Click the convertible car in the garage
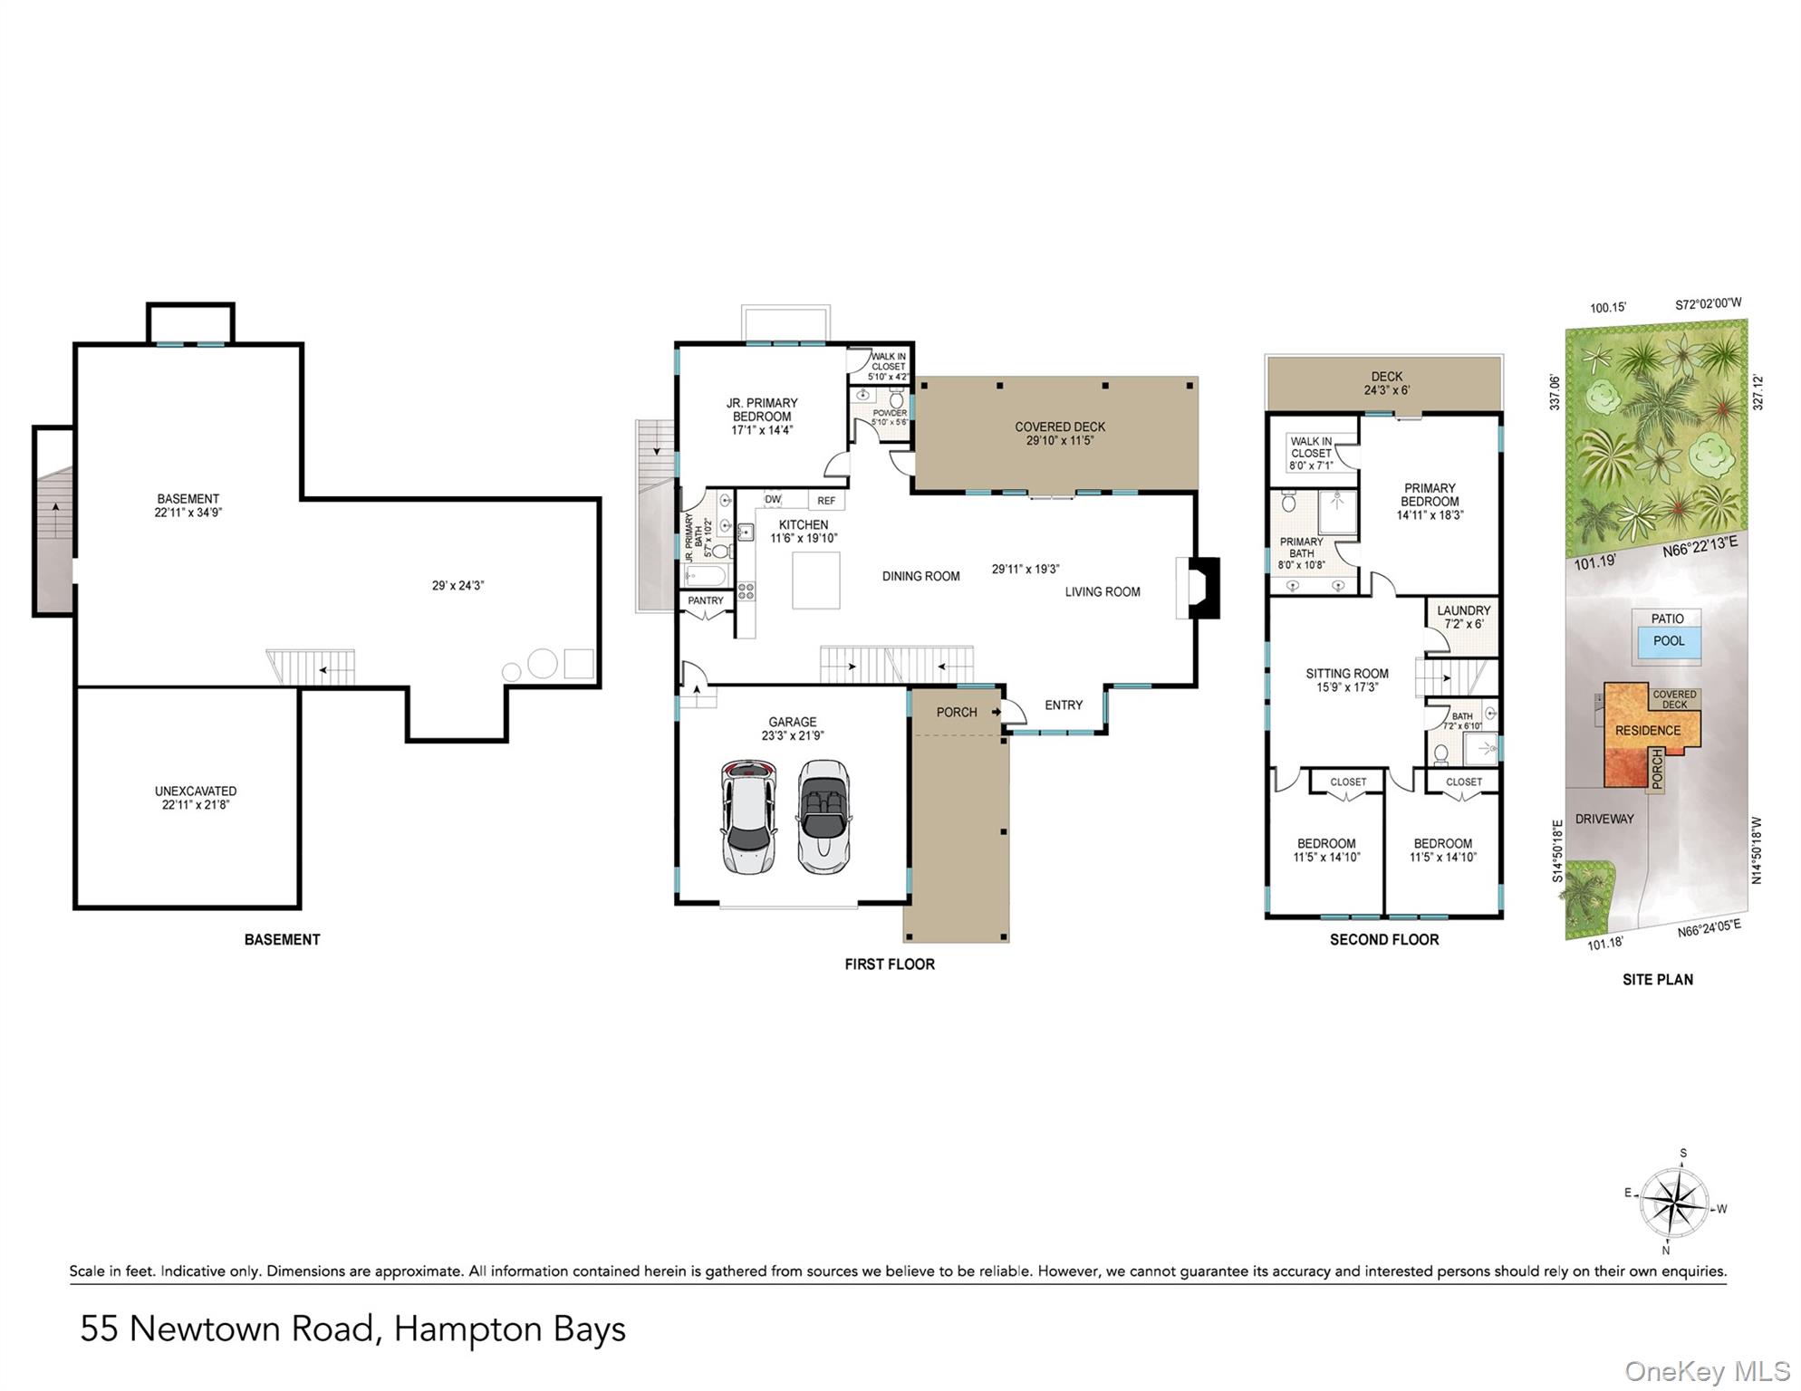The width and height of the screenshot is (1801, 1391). pos(823,816)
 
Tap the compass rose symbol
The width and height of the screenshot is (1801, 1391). pos(1676,1204)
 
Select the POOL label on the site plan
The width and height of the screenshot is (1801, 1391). pos(1669,641)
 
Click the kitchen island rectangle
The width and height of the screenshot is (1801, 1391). pos(815,580)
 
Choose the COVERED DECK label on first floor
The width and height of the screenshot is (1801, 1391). pos(1060,427)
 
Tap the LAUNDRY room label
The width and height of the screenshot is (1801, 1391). pos(1463,611)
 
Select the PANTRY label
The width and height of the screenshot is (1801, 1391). pos(706,600)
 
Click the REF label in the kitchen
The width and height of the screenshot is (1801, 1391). pos(826,501)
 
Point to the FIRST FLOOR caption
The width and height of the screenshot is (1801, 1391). pos(890,964)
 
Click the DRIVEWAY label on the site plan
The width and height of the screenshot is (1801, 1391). pos(1604,819)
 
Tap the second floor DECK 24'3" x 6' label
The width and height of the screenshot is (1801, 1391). pos(1386,383)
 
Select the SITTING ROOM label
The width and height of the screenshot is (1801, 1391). pos(1347,674)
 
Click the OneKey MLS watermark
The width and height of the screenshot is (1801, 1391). pos(1707,1371)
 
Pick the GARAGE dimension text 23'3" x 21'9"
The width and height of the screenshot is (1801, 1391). pos(793,736)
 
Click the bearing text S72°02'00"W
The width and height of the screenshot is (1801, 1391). pos(1709,305)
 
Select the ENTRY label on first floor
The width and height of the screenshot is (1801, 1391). pos(1064,705)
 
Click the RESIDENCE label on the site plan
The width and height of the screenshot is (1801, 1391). pos(1648,731)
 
